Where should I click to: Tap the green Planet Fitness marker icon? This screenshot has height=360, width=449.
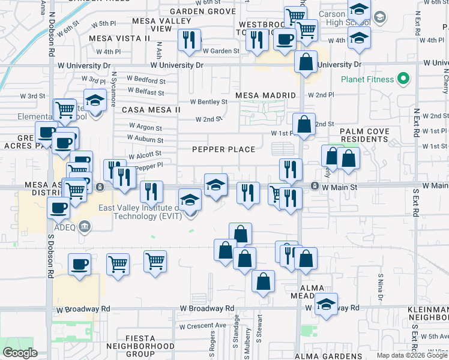coord(404,79)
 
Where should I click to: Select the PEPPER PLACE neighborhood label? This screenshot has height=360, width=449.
coord(224,149)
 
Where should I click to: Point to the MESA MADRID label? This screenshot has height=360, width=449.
coord(266,95)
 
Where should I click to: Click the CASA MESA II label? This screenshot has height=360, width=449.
coord(151,110)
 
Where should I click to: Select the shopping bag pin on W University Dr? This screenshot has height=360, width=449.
coord(306,62)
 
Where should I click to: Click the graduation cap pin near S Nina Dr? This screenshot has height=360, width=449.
coord(326,304)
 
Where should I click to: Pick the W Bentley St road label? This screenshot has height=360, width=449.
coord(208,102)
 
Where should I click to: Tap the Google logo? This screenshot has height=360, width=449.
coord(20,353)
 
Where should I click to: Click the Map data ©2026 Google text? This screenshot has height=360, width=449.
coord(411,355)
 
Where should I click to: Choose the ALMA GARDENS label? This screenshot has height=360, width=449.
coord(327,356)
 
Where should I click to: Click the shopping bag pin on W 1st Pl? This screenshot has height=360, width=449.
coord(304,124)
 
